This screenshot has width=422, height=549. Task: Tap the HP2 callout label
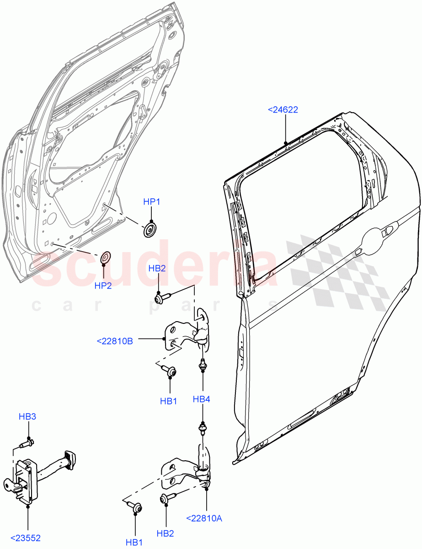[x=103, y=285]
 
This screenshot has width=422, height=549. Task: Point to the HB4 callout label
[x=201, y=399]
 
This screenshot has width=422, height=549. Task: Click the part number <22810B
[x=115, y=340]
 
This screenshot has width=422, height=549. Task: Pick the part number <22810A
[x=204, y=518]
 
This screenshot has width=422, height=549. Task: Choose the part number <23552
[x=28, y=538]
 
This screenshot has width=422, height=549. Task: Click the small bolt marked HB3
[x=27, y=443]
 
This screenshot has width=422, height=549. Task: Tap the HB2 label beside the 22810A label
[x=166, y=533]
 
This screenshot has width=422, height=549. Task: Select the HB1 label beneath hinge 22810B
[x=168, y=401]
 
